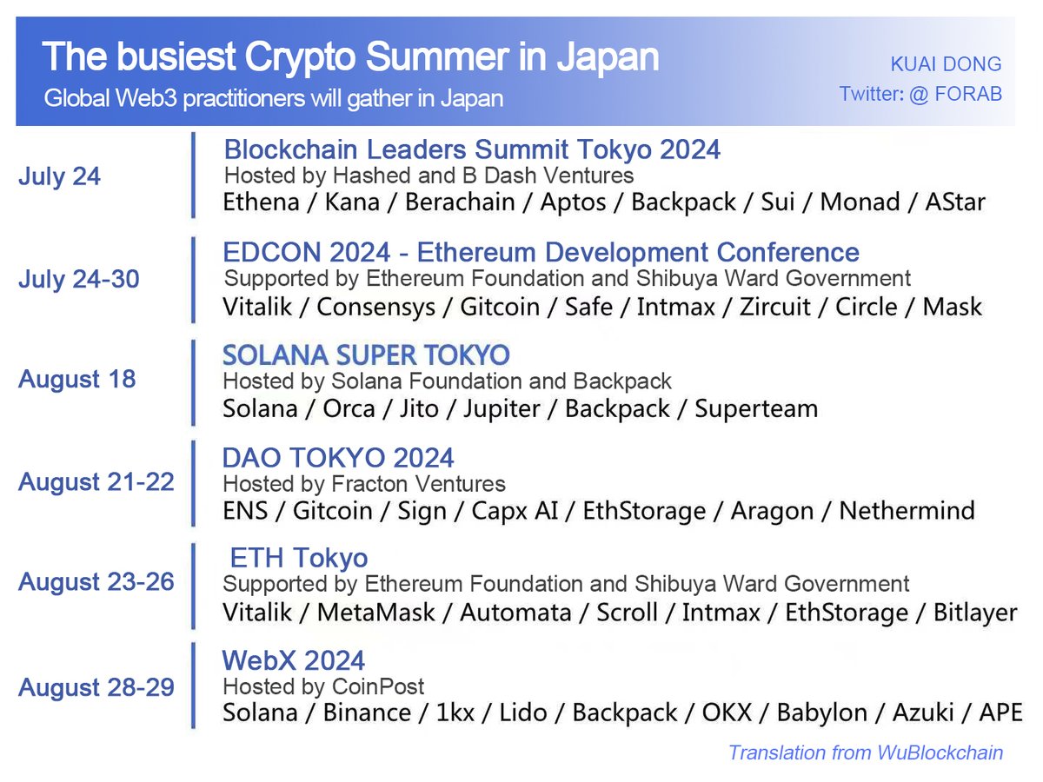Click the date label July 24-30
[79, 280]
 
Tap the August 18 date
[77, 380]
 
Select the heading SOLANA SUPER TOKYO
[366, 355]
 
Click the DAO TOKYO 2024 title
[338, 458]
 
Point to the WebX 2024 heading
[294, 660]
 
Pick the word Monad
[860, 202]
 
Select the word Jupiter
[502, 408]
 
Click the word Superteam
[756, 408]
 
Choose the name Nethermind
[907, 511]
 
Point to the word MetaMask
[376, 613]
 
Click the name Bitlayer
[975, 613]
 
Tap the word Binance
[367, 713]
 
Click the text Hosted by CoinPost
[323, 686]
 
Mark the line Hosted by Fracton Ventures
[364, 484]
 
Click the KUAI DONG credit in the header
[946, 64]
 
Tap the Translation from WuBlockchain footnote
[866, 752]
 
